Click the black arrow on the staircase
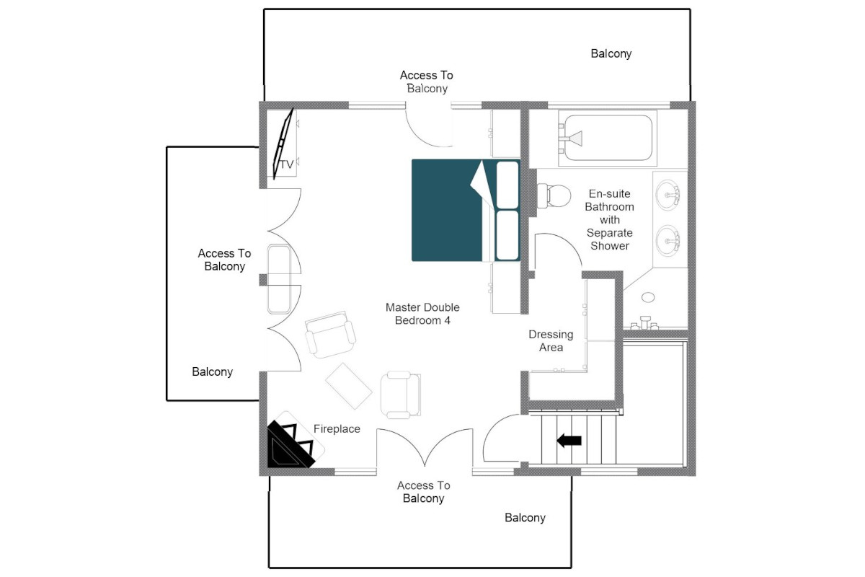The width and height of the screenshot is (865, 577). click(569, 440)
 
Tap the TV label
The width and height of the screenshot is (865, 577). click(287, 164)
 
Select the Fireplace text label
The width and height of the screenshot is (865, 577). click(337, 428)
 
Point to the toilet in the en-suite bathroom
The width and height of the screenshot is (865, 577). click(554, 196)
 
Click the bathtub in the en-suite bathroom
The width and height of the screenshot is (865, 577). click(608, 138)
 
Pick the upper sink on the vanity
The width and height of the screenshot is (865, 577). click(668, 195)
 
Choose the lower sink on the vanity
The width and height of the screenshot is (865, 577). click(668, 240)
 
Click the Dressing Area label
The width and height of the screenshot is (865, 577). click(551, 341)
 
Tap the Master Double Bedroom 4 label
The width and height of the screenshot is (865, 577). click(422, 314)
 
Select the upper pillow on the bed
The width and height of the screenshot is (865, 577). click(507, 185)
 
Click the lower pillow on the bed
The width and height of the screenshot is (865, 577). click(507, 235)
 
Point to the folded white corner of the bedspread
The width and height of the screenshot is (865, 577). click(483, 185)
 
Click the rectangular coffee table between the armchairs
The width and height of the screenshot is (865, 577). click(349, 386)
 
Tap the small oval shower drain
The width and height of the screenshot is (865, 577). click(648, 297)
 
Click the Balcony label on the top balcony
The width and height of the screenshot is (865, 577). click(611, 53)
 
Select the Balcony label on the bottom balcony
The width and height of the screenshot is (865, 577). click(525, 518)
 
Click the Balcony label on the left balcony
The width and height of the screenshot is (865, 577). click(213, 371)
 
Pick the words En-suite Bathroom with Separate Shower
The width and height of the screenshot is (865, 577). click(609, 219)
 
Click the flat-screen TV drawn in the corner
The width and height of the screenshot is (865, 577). click(283, 144)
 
